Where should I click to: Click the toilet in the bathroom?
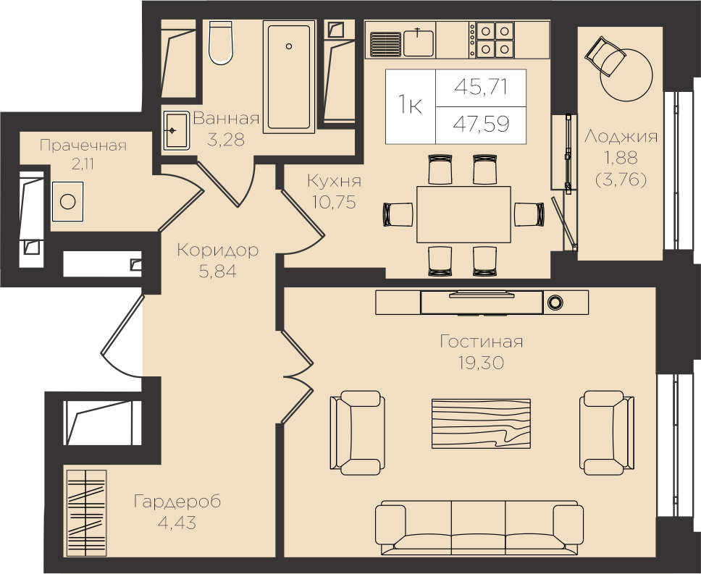[x=220, y=43]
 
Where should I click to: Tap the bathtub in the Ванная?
[x=289, y=77]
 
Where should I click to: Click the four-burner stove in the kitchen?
[x=494, y=39]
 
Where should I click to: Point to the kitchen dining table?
[x=463, y=214]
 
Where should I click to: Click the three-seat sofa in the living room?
[x=479, y=528]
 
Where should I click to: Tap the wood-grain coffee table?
[x=481, y=423]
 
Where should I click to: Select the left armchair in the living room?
[x=357, y=432]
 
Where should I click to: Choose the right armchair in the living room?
[x=606, y=432]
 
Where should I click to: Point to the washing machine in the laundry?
[x=67, y=201]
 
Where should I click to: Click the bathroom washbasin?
[x=177, y=130]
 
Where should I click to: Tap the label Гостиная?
[x=481, y=342]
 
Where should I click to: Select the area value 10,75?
[x=334, y=203]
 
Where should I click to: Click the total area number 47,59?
[x=481, y=124]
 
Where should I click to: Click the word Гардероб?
[x=177, y=502]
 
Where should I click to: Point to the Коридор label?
[x=218, y=250]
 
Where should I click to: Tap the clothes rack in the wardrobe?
[x=87, y=512]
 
